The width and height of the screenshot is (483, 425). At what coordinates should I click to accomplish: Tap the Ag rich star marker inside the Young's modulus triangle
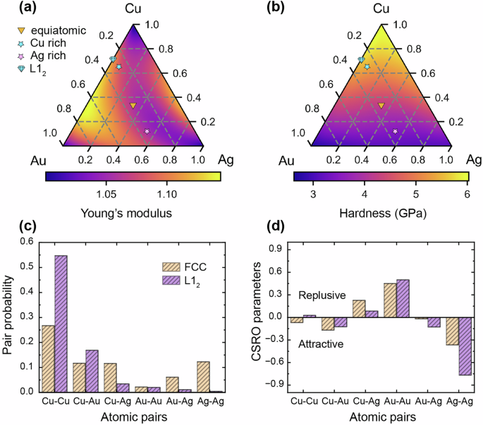[147, 132]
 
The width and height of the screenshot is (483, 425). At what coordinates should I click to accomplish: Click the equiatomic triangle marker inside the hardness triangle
[381, 106]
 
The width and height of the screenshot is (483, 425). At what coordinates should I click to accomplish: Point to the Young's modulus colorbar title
[133, 211]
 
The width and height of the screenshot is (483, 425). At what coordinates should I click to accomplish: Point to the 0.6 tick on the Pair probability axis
[28, 242]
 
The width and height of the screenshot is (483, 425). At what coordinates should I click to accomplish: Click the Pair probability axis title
[10, 316]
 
